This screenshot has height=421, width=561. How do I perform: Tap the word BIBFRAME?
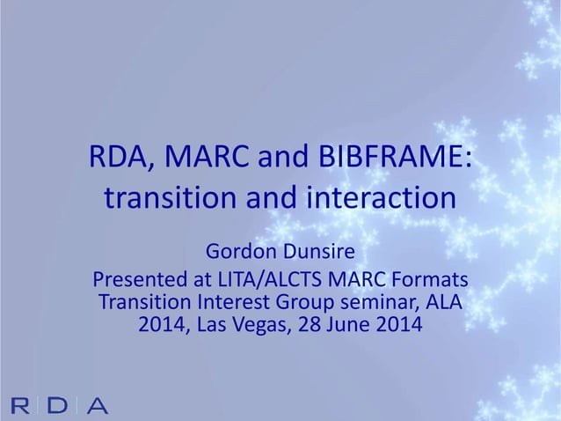[x=397, y=159]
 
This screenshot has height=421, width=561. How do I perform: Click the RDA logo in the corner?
[x=61, y=405]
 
